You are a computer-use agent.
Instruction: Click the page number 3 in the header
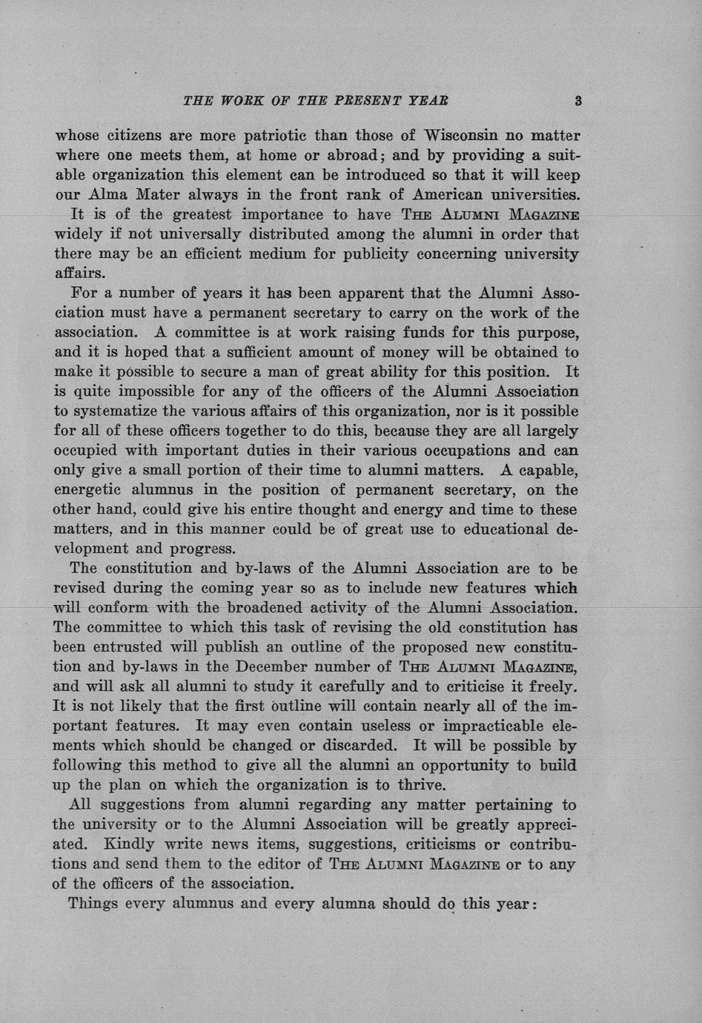(577, 101)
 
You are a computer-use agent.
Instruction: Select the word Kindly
(129, 844)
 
